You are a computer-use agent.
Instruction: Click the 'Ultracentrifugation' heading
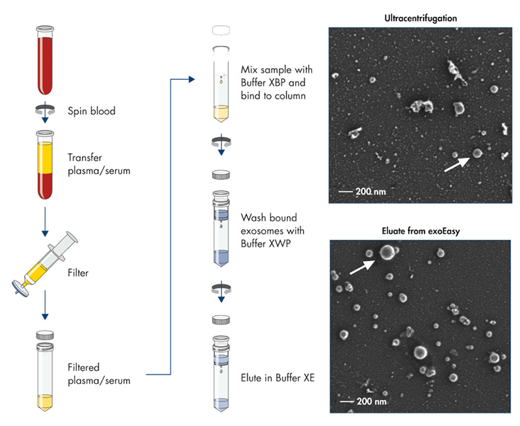[x=421, y=18]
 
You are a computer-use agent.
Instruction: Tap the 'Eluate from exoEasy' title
[x=420, y=231]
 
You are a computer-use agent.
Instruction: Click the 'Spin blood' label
[x=92, y=111]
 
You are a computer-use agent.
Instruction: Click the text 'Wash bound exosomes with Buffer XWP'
[x=272, y=231]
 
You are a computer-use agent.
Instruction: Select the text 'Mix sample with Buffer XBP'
[x=273, y=77]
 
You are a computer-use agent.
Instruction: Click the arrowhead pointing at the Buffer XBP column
[x=192, y=79]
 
